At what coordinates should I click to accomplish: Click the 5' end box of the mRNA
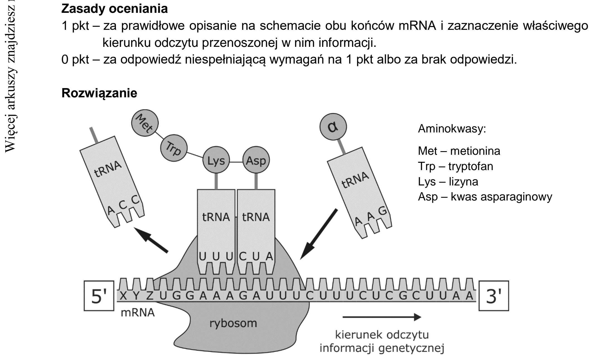coord(99,296)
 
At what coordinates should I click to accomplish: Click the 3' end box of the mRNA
coord(494,296)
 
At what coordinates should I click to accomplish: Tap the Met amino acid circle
coord(145,123)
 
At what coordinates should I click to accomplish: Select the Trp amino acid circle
coord(174,148)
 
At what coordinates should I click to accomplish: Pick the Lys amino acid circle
coord(216,161)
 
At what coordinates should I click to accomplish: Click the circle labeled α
coord(333,127)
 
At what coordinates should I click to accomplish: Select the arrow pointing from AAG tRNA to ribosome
coord(319,234)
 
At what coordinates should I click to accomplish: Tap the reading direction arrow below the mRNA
coord(382,317)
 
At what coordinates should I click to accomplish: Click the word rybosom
coord(233,323)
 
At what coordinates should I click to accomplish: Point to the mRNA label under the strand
coord(138,313)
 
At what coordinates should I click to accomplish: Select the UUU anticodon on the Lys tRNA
coord(216,256)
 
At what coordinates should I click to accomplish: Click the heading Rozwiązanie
coord(99,93)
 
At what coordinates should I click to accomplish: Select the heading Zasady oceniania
coord(115,9)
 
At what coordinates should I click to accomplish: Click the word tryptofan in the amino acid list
coord(471,166)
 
